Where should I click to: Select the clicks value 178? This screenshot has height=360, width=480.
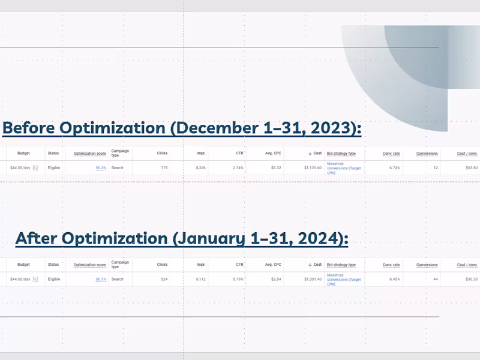tap(164, 168)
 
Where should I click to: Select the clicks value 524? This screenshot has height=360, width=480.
tap(164, 279)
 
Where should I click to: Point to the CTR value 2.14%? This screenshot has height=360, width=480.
tap(238, 168)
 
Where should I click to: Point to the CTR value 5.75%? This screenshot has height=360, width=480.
tap(238, 279)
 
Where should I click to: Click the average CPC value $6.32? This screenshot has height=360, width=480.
tap(275, 168)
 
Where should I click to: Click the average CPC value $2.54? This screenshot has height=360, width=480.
tap(275, 279)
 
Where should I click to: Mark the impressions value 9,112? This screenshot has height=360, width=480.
tap(200, 279)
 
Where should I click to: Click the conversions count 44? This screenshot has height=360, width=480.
tap(434, 279)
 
